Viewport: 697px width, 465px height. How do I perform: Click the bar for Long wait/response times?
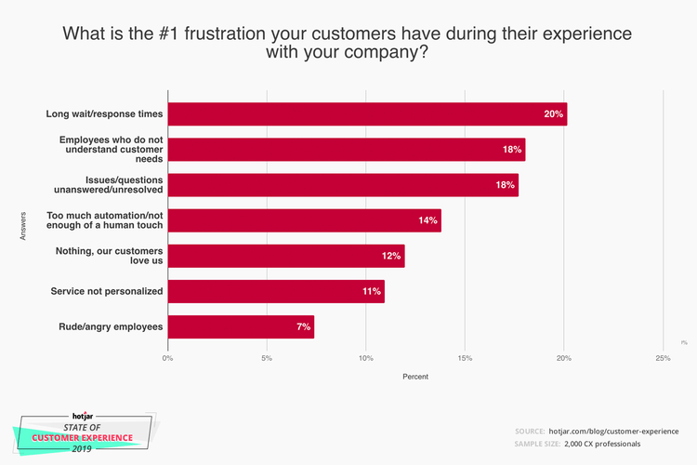point(367,114)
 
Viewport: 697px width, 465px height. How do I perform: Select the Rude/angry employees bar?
point(241,327)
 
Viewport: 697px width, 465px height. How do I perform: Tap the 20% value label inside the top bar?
point(554,114)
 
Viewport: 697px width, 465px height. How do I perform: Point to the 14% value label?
point(427,220)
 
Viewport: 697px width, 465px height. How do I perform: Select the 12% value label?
point(391,256)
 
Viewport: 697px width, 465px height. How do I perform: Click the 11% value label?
point(371,291)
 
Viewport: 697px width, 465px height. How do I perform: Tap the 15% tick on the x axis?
point(465,357)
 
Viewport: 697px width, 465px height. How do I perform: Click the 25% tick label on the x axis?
point(663,357)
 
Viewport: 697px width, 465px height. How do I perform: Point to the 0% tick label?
point(168,357)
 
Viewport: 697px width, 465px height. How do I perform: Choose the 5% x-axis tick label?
point(267,357)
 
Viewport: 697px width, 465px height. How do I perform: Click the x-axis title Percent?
point(415,377)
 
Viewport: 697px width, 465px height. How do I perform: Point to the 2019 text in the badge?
point(83,448)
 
